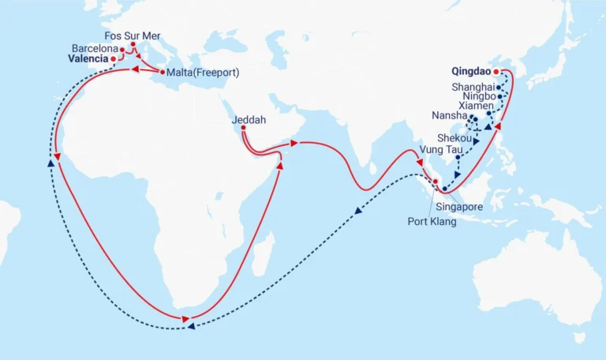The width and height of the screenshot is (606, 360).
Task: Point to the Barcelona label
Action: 93,48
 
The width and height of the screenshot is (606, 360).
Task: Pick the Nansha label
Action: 449,115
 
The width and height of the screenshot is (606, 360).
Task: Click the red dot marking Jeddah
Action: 243,128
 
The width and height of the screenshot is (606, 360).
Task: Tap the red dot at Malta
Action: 163,73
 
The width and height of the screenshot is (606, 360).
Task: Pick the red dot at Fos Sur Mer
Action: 133,44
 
